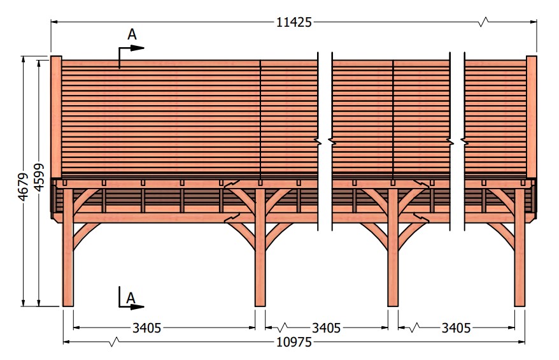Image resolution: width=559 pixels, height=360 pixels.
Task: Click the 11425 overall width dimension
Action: [294, 22]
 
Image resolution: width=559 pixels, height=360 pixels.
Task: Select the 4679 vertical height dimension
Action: [23, 187]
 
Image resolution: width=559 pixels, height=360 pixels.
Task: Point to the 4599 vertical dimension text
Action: [39, 177]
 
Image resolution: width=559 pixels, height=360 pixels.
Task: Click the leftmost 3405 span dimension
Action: [147, 328]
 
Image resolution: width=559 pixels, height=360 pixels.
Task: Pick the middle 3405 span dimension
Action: [326, 328]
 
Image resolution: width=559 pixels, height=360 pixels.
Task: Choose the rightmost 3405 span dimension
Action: [456, 328]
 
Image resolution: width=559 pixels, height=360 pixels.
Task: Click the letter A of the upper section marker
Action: [132, 34]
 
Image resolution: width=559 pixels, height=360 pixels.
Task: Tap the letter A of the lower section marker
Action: [131, 298]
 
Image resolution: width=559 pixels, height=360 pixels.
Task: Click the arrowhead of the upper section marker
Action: [138, 48]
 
